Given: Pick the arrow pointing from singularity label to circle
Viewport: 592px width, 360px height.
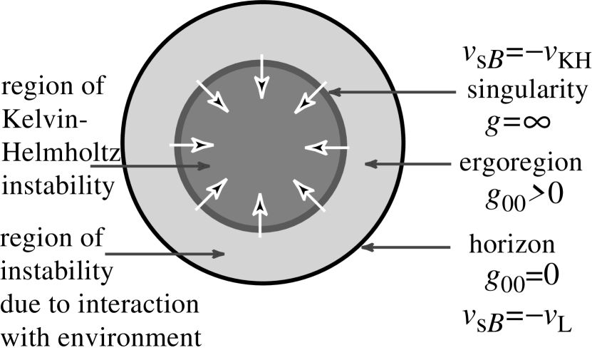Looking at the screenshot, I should tap(392, 92).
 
